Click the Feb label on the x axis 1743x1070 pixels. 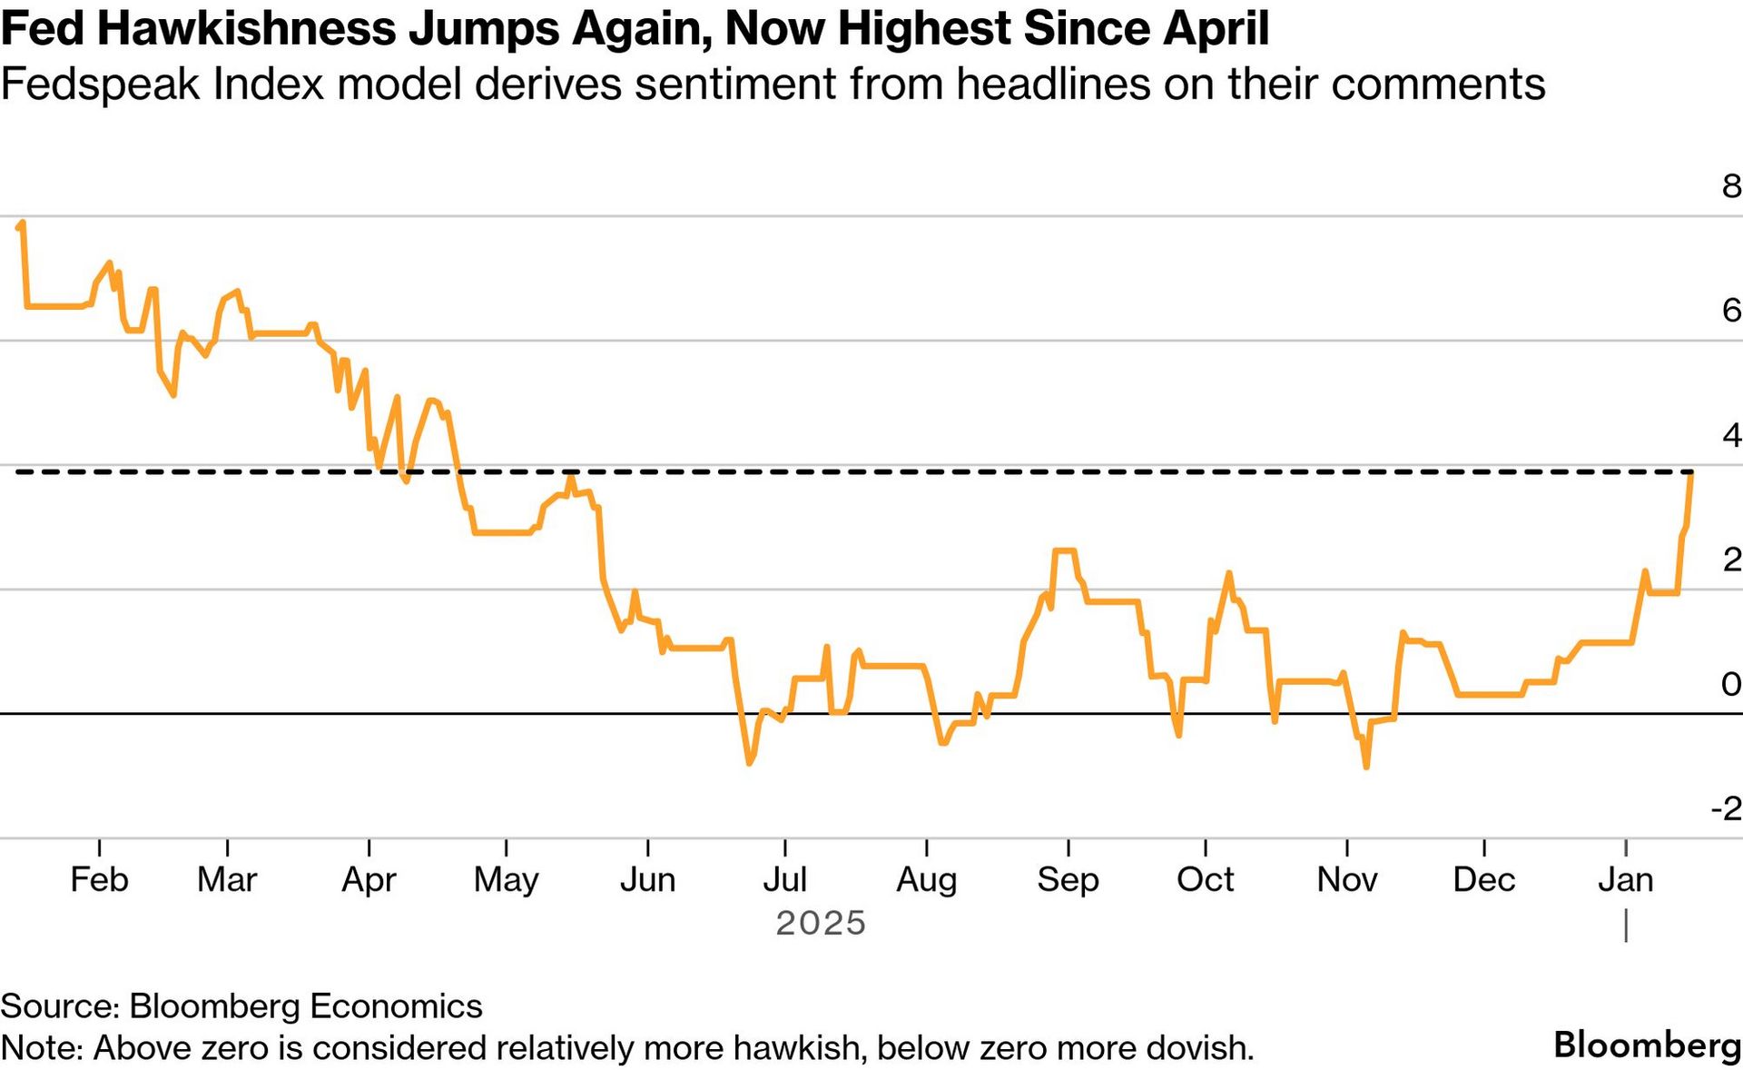coord(99,879)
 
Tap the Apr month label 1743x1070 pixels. coord(369,879)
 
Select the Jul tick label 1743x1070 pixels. coord(784,879)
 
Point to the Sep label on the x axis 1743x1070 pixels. coord(1068,879)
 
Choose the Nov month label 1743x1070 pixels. coord(1347,879)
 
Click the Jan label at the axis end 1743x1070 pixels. coord(1625,879)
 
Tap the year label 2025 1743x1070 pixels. coord(821,923)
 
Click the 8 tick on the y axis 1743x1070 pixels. coord(1731,186)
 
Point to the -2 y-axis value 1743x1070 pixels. coord(1726,808)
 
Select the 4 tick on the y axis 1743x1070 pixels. coord(1731,435)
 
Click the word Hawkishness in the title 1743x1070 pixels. coord(246,28)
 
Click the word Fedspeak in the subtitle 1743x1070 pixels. coord(100,84)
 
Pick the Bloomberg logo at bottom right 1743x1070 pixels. coord(1647,1045)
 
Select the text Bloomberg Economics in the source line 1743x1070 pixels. coord(306,1006)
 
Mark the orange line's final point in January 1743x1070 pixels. coord(1690,473)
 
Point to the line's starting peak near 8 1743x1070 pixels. coord(22,223)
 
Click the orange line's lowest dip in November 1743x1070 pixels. coord(1366,767)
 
